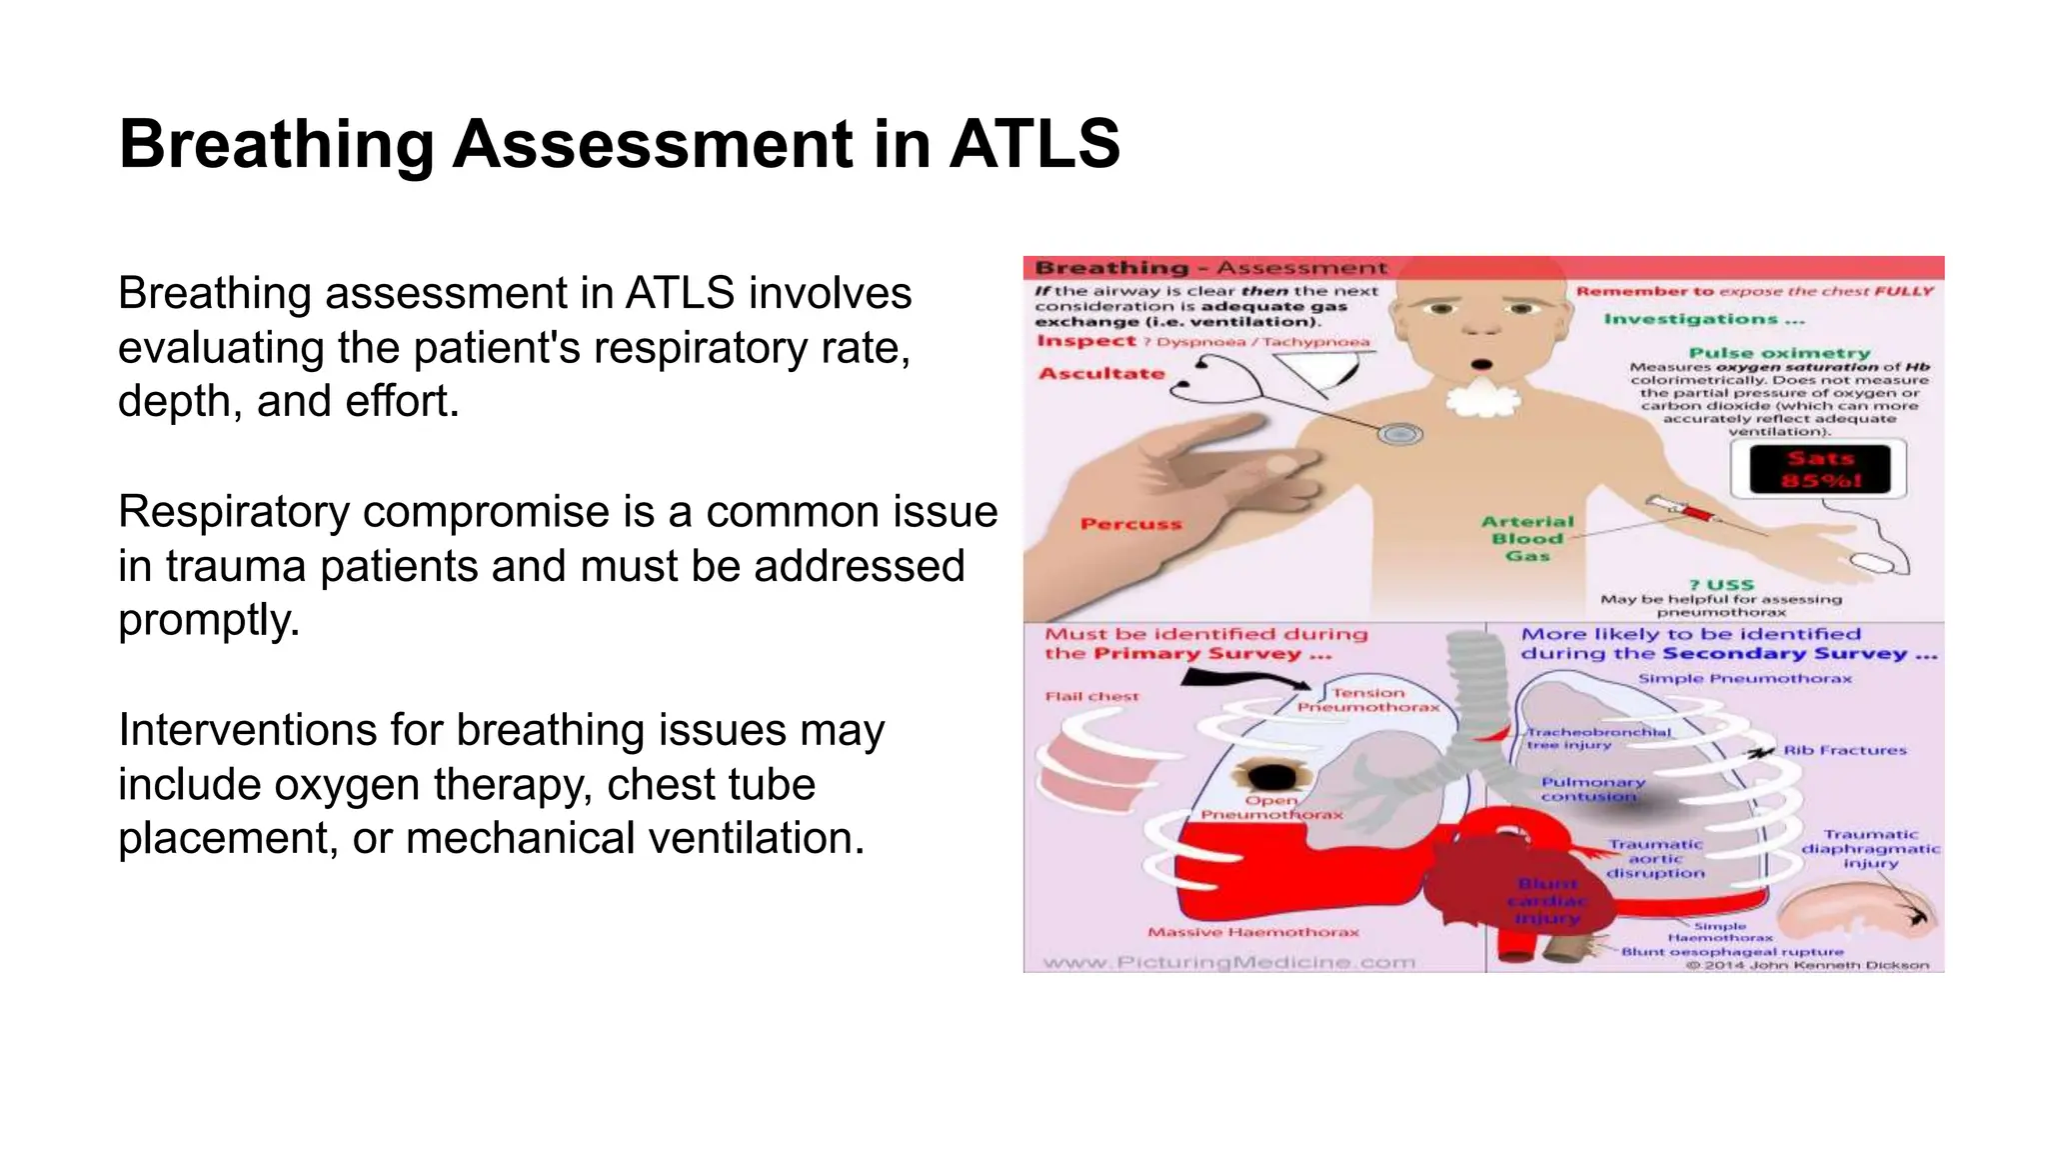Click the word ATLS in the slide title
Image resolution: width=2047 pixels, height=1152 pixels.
click(x=1034, y=144)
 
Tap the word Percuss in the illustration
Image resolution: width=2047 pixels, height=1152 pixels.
click(x=1130, y=524)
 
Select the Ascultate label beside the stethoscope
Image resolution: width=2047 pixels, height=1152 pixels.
click(x=1101, y=374)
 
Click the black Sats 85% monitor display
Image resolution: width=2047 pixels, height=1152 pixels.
click(x=1819, y=469)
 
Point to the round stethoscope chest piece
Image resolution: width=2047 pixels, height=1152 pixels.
click(x=1399, y=434)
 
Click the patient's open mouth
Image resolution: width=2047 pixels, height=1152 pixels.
click(x=1482, y=364)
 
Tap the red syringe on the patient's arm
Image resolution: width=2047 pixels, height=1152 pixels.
click(x=1689, y=512)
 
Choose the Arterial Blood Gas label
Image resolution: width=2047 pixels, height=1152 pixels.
click(x=1527, y=538)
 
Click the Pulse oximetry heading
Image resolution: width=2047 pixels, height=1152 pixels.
click(x=1779, y=353)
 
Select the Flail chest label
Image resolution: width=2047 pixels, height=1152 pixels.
click(x=1091, y=696)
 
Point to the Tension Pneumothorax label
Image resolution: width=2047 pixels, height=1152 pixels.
click(x=1368, y=699)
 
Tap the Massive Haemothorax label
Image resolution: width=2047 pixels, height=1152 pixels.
click(x=1253, y=932)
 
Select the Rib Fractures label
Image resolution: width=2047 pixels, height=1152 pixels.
click(x=1845, y=750)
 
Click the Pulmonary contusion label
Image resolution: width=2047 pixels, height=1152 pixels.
click(x=1592, y=789)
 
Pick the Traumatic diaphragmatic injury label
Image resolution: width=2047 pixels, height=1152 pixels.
click(x=1870, y=848)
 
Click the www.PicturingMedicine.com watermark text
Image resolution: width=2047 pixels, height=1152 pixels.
click(x=1228, y=962)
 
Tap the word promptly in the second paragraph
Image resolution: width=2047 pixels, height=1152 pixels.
click(x=209, y=620)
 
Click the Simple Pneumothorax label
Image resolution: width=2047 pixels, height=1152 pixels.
click(x=1744, y=679)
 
